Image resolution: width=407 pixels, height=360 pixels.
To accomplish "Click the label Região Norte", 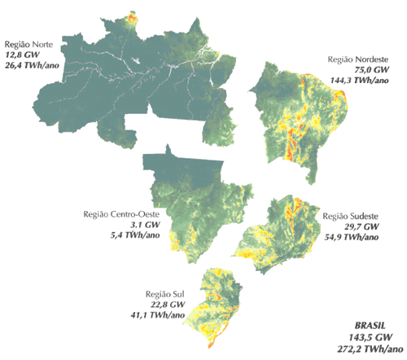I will click(x=29, y=44).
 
